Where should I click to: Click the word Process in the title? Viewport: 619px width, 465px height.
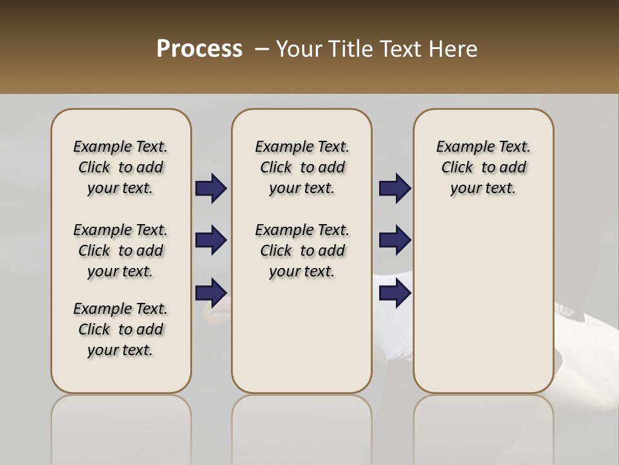click(x=199, y=49)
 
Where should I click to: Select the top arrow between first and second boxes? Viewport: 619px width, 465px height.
click(x=211, y=189)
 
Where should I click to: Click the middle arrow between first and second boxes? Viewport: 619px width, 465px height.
click(x=211, y=240)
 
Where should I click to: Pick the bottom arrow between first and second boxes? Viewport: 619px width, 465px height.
click(x=211, y=293)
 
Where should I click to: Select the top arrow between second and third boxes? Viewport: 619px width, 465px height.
click(x=395, y=189)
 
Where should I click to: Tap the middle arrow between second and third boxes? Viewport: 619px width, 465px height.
click(x=395, y=240)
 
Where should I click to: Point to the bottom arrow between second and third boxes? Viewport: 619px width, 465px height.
click(x=395, y=293)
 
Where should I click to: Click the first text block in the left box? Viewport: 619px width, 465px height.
click(x=121, y=167)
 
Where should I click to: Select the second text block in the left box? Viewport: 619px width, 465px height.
click(x=121, y=251)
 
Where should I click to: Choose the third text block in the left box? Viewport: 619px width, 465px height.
click(x=121, y=329)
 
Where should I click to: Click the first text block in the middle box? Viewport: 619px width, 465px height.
click(x=302, y=167)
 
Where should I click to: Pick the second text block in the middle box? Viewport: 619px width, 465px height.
click(x=302, y=251)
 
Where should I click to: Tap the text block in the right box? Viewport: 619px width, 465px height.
click(x=483, y=167)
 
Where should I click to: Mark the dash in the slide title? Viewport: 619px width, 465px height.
click(x=262, y=50)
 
